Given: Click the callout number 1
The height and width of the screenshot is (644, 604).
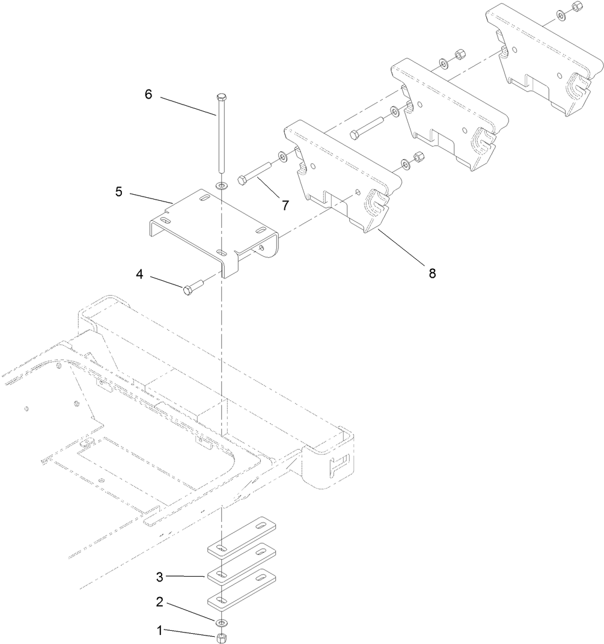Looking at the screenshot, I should click(x=159, y=631).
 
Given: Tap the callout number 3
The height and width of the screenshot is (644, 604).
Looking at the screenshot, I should click(x=159, y=577).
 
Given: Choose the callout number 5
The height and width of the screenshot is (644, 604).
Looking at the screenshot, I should click(x=118, y=192).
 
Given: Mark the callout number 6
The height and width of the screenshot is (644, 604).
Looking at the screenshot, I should click(x=148, y=94).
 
